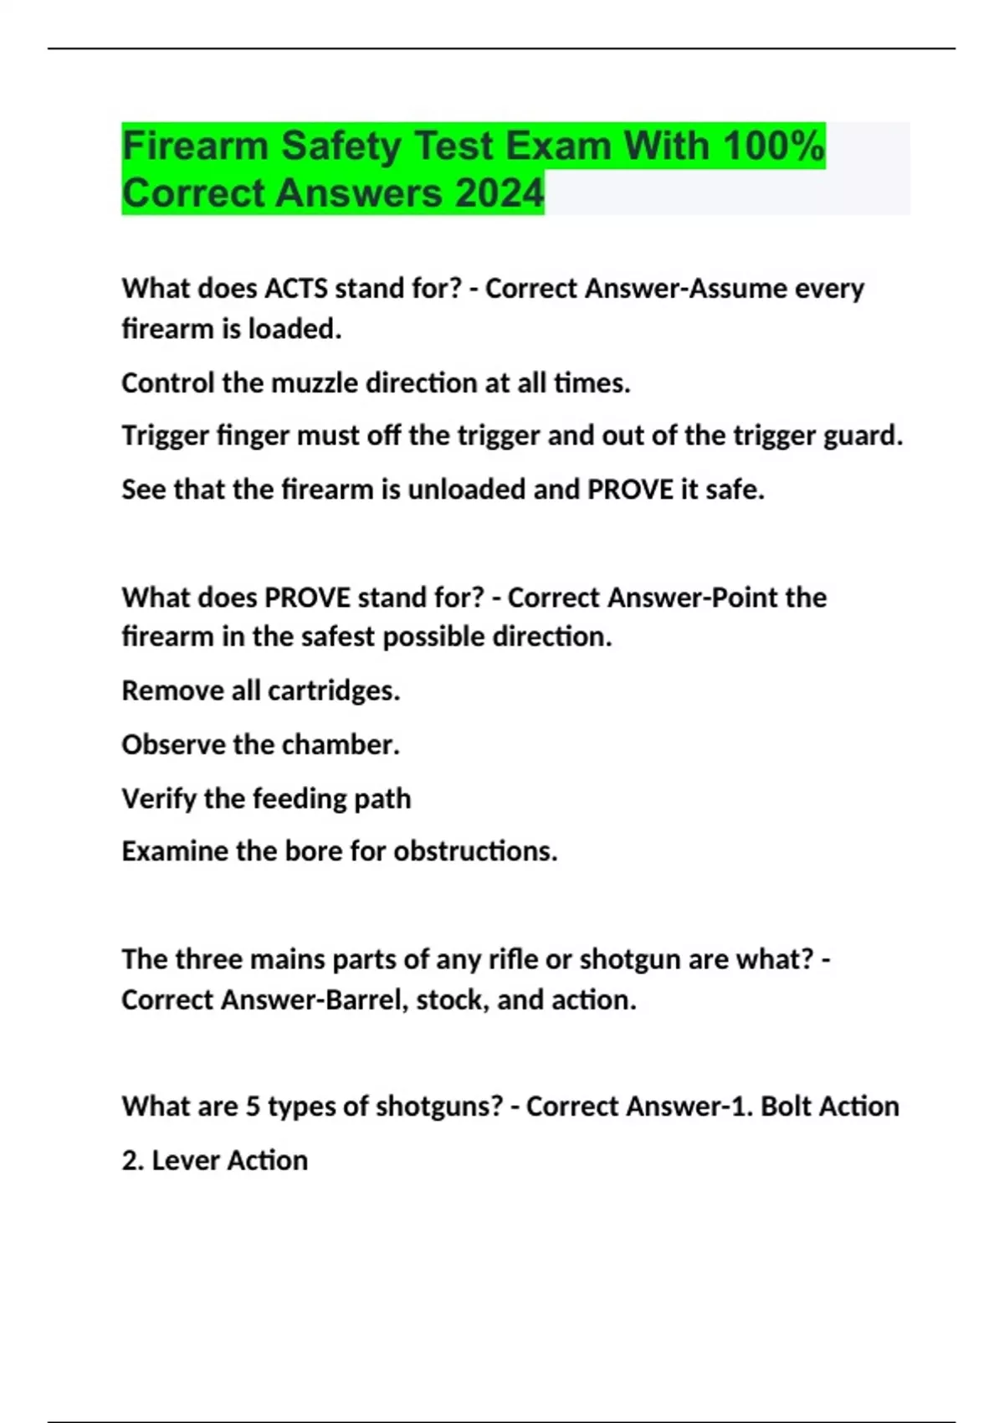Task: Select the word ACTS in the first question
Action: click(296, 289)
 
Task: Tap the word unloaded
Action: click(466, 490)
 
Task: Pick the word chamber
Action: click(346, 745)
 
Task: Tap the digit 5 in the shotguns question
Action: click(253, 1107)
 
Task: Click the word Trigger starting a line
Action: click(165, 436)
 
